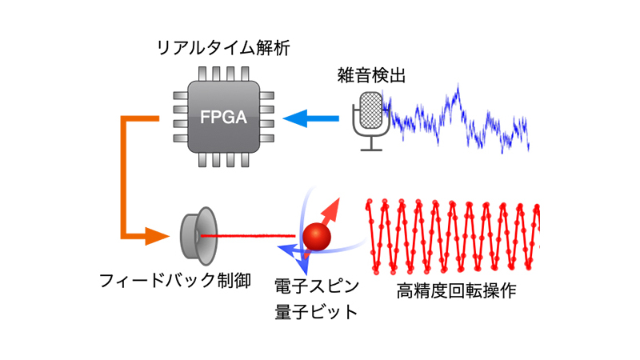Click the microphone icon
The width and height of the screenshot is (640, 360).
pos(370,120)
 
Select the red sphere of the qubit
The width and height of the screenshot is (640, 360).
pos(317,237)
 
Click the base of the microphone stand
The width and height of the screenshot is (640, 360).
pos(370,149)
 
